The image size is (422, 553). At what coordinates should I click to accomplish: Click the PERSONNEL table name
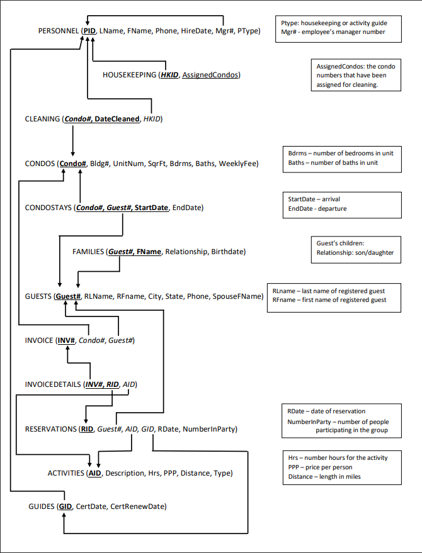[x=59, y=31]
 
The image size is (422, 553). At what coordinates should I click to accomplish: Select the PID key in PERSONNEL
[x=89, y=31]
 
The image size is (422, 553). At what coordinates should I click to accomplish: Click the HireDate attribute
[x=196, y=31]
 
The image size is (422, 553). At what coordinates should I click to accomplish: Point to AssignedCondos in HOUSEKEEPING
[x=210, y=75]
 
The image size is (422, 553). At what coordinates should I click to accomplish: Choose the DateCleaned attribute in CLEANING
[x=117, y=119]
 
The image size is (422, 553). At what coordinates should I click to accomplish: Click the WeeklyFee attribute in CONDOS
[x=237, y=164]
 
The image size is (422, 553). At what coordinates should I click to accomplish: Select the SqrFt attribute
[x=157, y=164]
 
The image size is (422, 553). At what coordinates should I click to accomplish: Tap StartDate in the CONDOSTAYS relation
[x=151, y=208]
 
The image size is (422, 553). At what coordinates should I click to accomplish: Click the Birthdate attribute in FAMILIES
[x=227, y=252]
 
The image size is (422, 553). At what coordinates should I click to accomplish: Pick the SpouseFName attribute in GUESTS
[x=237, y=296]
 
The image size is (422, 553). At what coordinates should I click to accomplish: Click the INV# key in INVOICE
[x=66, y=340]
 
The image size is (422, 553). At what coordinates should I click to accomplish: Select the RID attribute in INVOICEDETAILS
[x=113, y=384]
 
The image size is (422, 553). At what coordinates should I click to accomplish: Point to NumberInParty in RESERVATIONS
[x=208, y=429]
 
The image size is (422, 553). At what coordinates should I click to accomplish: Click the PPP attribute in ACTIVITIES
[x=170, y=473]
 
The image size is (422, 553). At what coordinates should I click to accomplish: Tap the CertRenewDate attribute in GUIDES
[x=137, y=506]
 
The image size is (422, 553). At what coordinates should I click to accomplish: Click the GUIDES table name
[x=41, y=506]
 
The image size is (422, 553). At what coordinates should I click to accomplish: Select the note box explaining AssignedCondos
[x=356, y=75]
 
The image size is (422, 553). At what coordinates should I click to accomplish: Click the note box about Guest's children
[x=356, y=250]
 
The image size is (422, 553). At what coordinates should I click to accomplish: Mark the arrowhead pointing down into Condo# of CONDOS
[x=72, y=154]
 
